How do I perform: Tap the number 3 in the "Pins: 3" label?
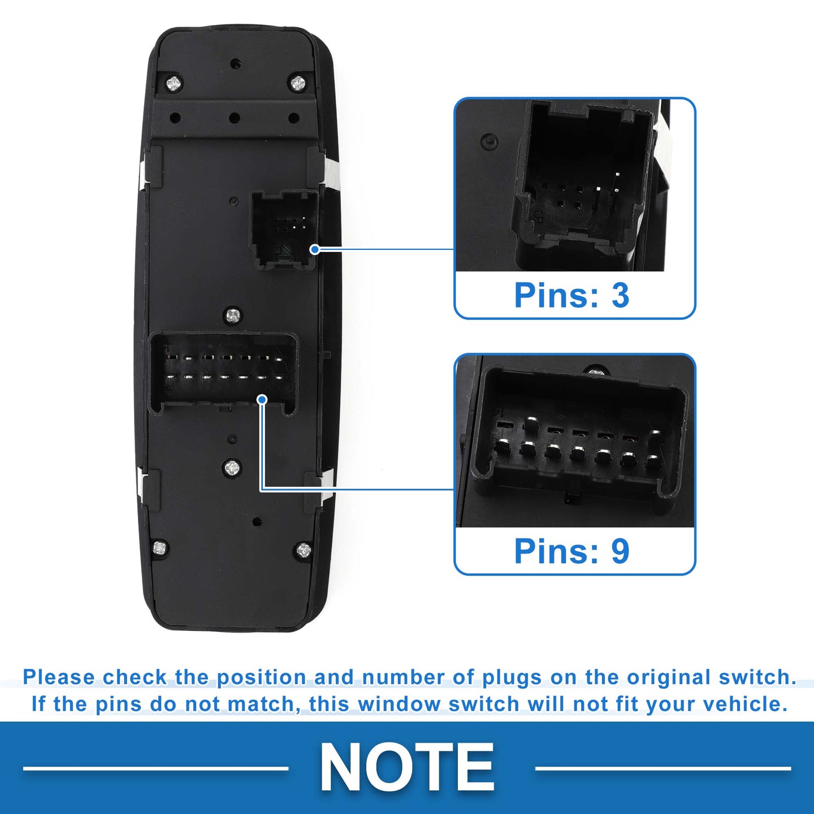click(x=620, y=295)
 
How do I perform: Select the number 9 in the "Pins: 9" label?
click(x=620, y=551)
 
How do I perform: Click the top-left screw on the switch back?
click(x=174, y=84)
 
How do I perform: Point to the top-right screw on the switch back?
click(x=298, y=83)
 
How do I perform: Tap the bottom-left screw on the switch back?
click(x=160, y=548)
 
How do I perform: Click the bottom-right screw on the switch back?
click(x=304, y=550)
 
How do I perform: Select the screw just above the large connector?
click(x=233, y=315)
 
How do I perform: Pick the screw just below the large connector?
click(x=232, y=467)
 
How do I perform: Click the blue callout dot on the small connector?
click(x=315, y=249)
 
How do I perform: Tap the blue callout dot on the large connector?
click(x=262, y=399)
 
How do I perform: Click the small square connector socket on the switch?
click(x=284, y=230)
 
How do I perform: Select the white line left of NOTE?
click(x=156, y=768)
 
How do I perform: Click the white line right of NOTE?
click(x=663, y=768)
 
